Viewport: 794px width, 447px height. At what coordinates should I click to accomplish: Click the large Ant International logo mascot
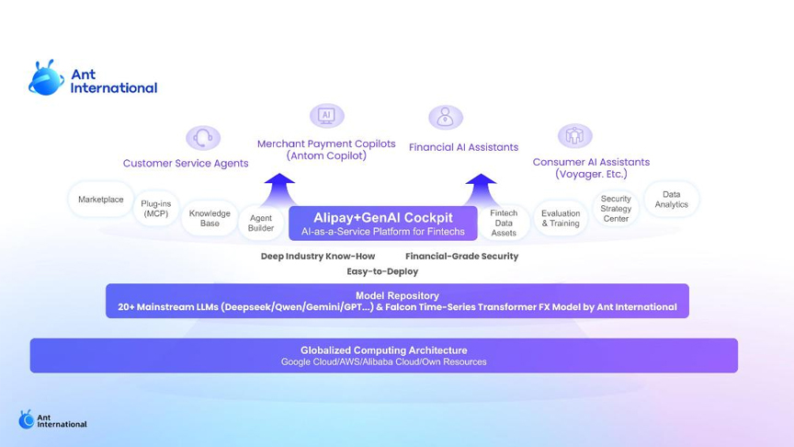tap(46, 78)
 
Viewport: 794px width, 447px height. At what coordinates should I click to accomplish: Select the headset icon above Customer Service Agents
tap(203, 137)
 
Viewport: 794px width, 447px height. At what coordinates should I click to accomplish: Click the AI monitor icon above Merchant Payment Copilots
tap(326, 116)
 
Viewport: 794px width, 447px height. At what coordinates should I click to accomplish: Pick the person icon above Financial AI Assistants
tap(446, 117)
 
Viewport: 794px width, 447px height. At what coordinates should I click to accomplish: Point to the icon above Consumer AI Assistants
tap(574, 135)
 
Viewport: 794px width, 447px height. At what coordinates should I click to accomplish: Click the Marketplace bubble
tap(101, 200)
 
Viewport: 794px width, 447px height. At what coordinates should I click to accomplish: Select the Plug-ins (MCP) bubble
tap(156, 208)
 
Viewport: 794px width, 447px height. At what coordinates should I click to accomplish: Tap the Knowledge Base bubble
tap(210, 218)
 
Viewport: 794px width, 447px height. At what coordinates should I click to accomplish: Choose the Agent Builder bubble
tap(261, 223)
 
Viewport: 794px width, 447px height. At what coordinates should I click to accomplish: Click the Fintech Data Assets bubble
tap(504, 223)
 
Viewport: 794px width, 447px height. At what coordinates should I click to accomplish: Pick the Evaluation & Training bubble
tap(561, 218)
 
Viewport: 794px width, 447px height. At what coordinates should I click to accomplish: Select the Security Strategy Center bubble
tap(616, 208)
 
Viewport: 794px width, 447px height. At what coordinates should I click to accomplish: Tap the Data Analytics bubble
tap(672, 200)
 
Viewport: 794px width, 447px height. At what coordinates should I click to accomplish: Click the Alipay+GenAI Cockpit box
tap(383, 223)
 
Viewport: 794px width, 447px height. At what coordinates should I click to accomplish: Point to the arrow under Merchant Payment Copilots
tap(279, 190)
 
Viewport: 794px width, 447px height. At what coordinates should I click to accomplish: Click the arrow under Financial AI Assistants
tap(481, 190)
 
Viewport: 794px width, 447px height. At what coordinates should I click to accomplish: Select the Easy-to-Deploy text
tap(382, 271)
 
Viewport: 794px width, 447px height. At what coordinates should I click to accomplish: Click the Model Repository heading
tap(398, 295)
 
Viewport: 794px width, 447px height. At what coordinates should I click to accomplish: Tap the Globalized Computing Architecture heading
tap(384, 350)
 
